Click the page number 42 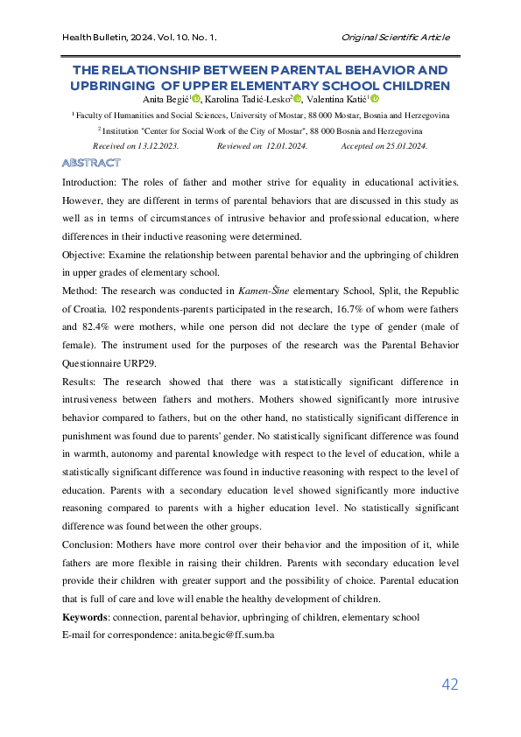pos(449,684)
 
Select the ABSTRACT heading pos(91,163)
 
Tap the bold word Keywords pos(85,617)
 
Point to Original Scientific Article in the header pos(394,37)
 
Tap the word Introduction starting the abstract pos(90,181)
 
